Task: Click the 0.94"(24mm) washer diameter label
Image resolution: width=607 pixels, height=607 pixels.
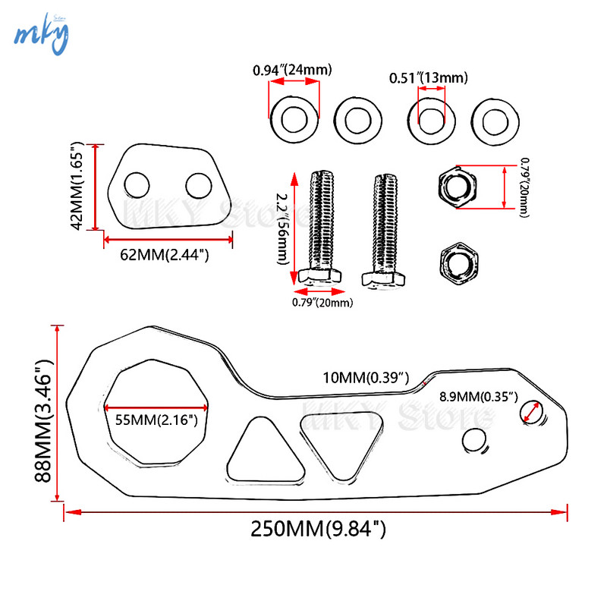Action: tap(292, 71)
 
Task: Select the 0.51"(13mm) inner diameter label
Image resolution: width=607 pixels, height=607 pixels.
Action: tap(429, 77)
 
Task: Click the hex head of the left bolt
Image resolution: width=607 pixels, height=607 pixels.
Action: tap(318, 276)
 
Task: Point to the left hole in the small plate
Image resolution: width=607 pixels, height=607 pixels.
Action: tap(138, 184)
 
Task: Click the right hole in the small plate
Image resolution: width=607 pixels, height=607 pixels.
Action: tap(198, 185)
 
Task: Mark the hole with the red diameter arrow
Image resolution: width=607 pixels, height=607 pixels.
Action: tap(531, 412)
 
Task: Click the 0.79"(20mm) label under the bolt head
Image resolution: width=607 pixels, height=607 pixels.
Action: tap(323, 303)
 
